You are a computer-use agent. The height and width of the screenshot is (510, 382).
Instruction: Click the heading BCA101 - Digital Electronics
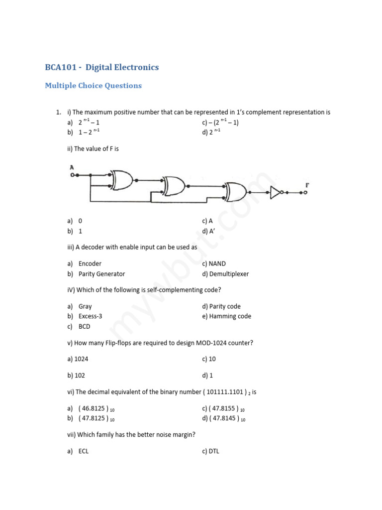102,67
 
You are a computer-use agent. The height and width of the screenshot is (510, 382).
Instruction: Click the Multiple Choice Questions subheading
93,86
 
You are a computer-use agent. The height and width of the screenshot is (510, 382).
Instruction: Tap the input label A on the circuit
73,167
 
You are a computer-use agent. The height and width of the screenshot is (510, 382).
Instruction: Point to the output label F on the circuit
307,185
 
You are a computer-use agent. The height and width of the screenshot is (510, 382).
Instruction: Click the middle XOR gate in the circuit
174,186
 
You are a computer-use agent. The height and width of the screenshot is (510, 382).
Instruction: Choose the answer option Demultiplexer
229,274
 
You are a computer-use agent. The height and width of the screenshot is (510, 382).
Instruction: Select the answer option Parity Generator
101,274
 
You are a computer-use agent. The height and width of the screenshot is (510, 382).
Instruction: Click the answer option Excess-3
90,316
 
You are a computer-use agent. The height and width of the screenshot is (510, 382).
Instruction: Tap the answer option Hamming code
230,316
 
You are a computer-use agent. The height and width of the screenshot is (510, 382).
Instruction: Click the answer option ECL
84,451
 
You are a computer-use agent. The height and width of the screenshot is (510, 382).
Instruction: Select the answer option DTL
214,451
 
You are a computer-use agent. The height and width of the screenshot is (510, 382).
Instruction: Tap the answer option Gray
85,306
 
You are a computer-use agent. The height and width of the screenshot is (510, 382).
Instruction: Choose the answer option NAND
217,263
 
